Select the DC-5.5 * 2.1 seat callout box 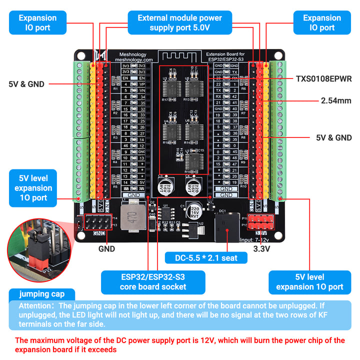(x=206, y=257)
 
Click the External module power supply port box (x=180, y=22)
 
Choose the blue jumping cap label (x=41, y=294)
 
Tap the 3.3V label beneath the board (x=262, y=248)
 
